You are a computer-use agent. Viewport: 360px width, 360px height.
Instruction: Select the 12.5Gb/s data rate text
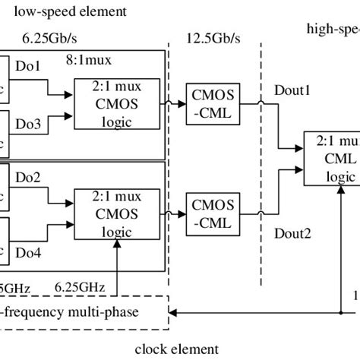point(212,39)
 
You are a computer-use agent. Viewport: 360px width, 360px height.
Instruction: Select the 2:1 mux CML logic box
point(331,158)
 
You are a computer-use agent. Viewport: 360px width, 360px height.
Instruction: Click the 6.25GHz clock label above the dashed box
point(81,287)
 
